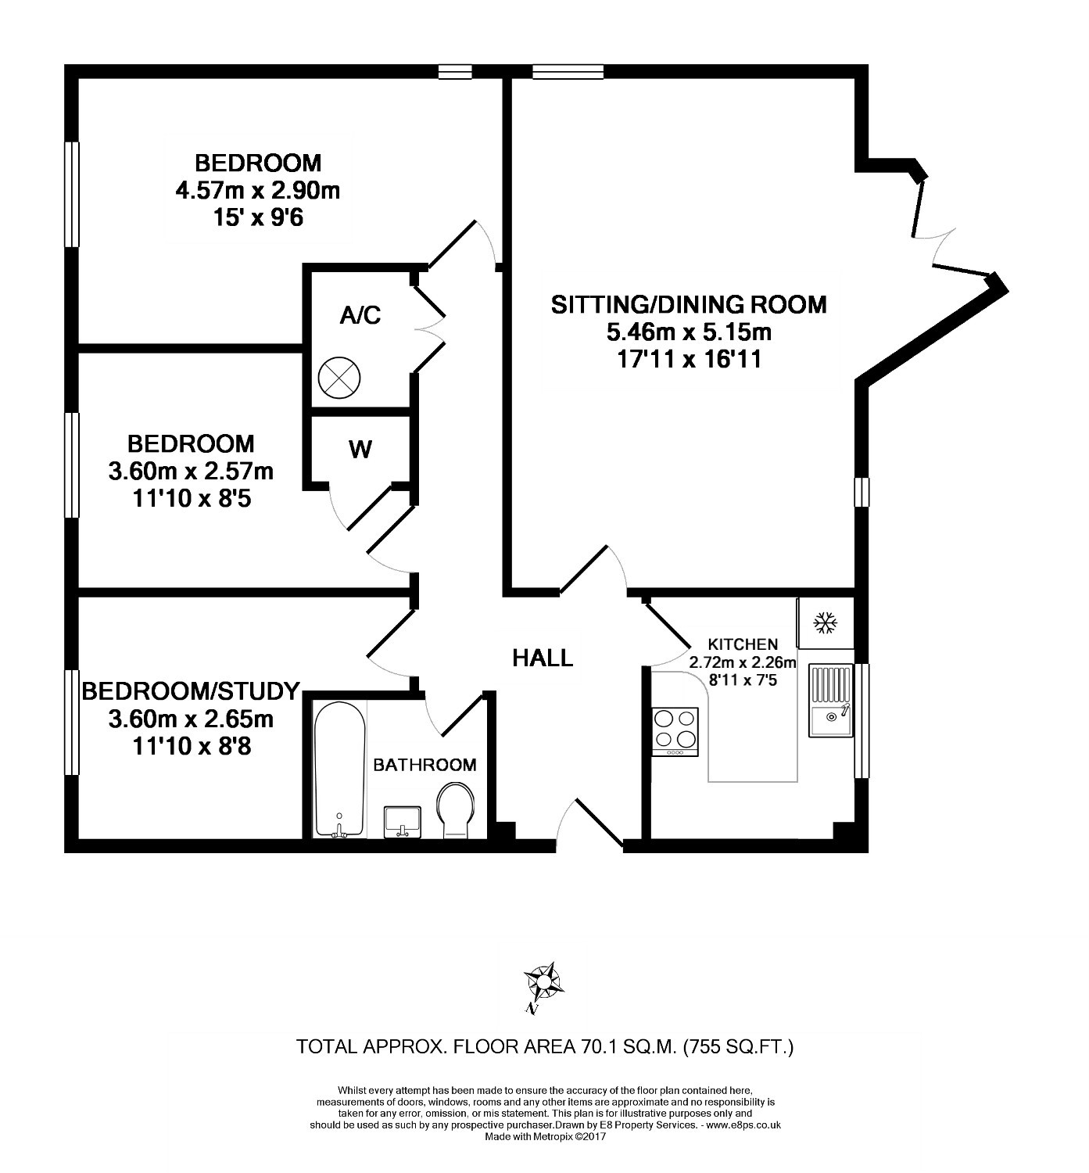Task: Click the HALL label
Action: point(542,658)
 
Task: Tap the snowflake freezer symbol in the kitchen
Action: point(825,622)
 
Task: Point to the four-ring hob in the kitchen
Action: point(675,731)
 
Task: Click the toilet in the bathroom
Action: point(455,809)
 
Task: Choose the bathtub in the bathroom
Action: point(339,769)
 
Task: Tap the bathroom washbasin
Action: point(402,822)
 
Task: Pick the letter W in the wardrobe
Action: point(360,450)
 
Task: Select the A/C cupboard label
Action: point(360,315)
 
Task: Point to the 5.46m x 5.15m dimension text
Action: point(689,332)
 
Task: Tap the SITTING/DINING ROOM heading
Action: point(689,305)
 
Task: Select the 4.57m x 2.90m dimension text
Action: point(257,191)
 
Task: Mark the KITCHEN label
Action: point(743,644)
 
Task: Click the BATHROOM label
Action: point(424,765)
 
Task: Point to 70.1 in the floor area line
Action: point(598,1046)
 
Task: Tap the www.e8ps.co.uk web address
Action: point(743,1125)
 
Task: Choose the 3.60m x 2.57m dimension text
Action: point(191,472)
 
